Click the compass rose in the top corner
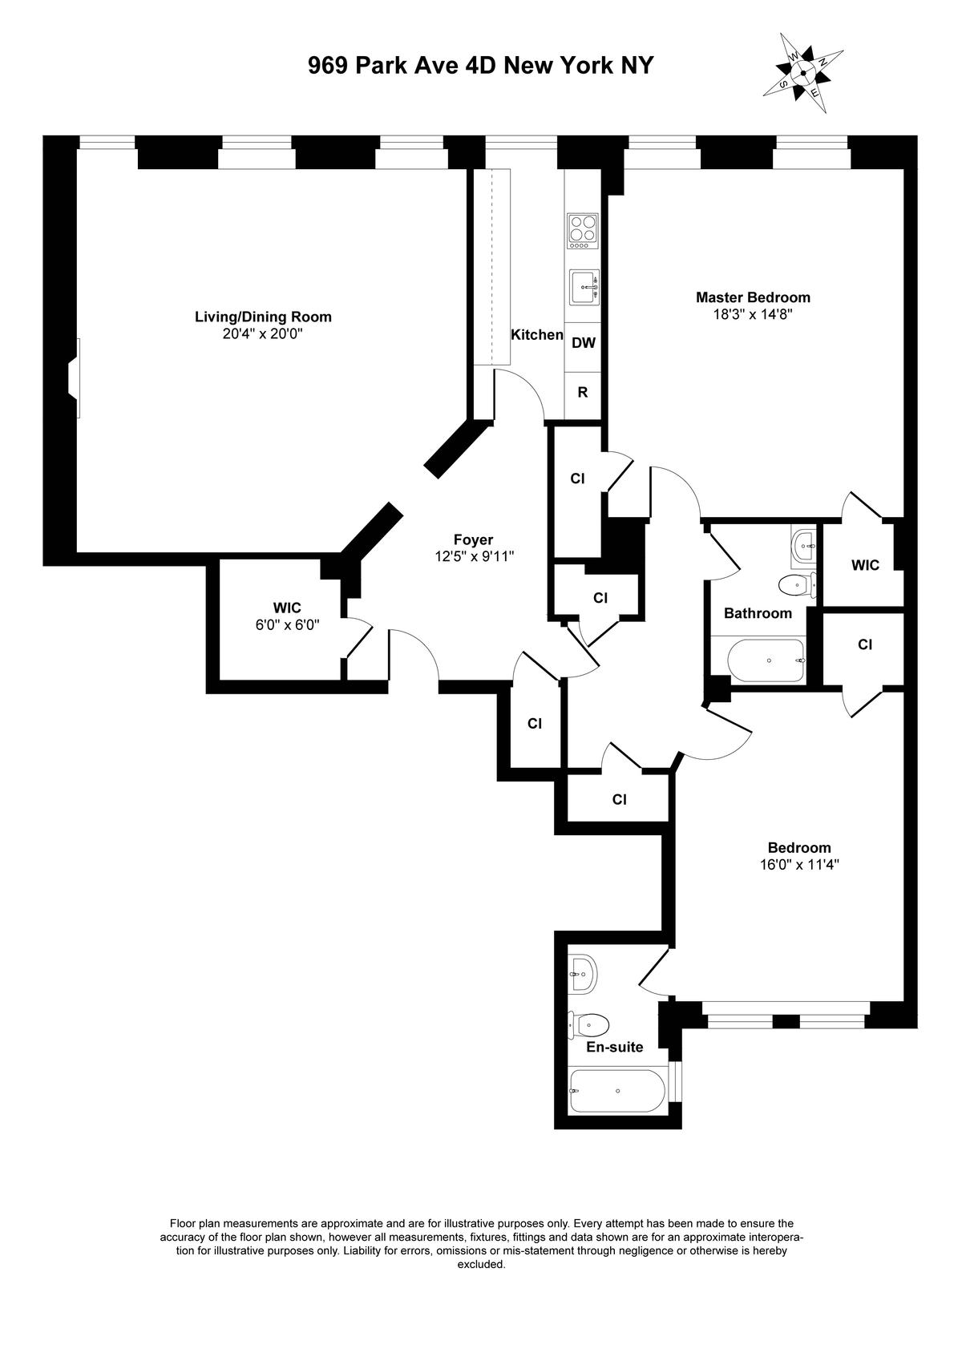pos(803,74)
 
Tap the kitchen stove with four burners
pos(583,231)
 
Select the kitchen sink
pos(584,287)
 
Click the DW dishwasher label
pos(584,343)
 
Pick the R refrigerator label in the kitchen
pos(583,393)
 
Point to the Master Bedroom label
pos(753,297)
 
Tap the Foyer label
pos(474,539)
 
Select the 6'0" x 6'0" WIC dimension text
pos(288,624)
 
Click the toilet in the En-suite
pos(588,1026)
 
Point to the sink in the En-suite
pos(583,974)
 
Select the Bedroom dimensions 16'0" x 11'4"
pos(799,865)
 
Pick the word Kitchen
pos(536,335)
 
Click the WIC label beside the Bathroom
pos(865,565)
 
